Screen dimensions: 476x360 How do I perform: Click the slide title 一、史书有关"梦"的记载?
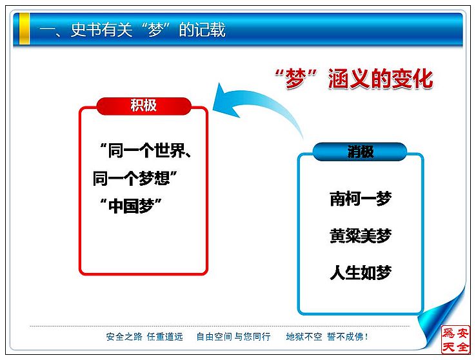pos(132,30)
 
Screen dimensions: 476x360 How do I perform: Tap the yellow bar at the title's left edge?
pos(25,28)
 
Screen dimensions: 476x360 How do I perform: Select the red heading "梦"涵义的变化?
pos(353,79)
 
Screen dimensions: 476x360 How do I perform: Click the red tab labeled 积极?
pos(144,106)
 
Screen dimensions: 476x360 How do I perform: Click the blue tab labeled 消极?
pos(360,152)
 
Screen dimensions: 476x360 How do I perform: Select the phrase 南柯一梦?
pos(361,199)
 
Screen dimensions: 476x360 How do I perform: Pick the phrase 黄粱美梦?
pos(361,236)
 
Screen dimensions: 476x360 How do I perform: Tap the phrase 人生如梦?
pos(361,272)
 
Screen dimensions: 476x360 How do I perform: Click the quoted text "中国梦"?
pos(131,206)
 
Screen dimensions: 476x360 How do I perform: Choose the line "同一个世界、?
pos(146,150)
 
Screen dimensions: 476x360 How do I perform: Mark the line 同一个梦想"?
pos(135,178)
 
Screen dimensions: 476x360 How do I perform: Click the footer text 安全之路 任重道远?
pos(144,337)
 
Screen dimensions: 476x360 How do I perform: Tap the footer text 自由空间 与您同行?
pos(233,337)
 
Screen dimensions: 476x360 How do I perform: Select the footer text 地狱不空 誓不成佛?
pos(327,337)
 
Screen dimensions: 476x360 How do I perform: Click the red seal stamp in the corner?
pos(455,339)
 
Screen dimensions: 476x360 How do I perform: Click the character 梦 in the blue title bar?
pos(155,30)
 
